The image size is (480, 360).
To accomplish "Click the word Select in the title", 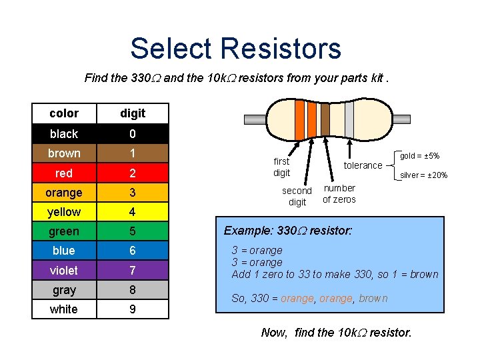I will click(x=171, y=49).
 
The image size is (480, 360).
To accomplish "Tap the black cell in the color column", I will click(x=64, y=133).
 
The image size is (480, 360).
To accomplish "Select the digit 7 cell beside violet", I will click(x=132, y=270).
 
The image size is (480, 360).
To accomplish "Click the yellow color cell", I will click(x=64, y=212).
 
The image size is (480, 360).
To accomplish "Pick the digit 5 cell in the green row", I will click(x=132, y=231).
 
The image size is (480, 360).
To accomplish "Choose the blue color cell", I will click(x=64, y=251).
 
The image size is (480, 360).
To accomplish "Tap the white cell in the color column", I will click(x=64, y=309).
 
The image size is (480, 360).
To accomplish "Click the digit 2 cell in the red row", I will click(x=132, y=173).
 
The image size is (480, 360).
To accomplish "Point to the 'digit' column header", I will click(x=132, y=113).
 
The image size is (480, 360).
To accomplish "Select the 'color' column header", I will click(x=64, y=113).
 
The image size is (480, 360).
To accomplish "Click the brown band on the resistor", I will click(x=325, y=117).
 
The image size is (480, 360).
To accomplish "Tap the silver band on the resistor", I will click(x=349, y=118).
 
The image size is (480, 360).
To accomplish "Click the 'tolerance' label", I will click(x=363, y=165).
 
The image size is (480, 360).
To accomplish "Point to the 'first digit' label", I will click(x=282, y=167).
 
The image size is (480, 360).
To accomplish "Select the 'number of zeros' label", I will click(x=339, y=193).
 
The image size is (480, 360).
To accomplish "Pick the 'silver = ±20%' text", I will click(x=423, y=175).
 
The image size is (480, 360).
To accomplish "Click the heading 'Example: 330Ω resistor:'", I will click(x=288, y=231).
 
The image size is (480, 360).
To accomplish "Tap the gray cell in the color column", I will click(x=64, y=290).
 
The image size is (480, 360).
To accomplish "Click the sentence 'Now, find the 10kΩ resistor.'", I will click(x=337, y=331).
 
